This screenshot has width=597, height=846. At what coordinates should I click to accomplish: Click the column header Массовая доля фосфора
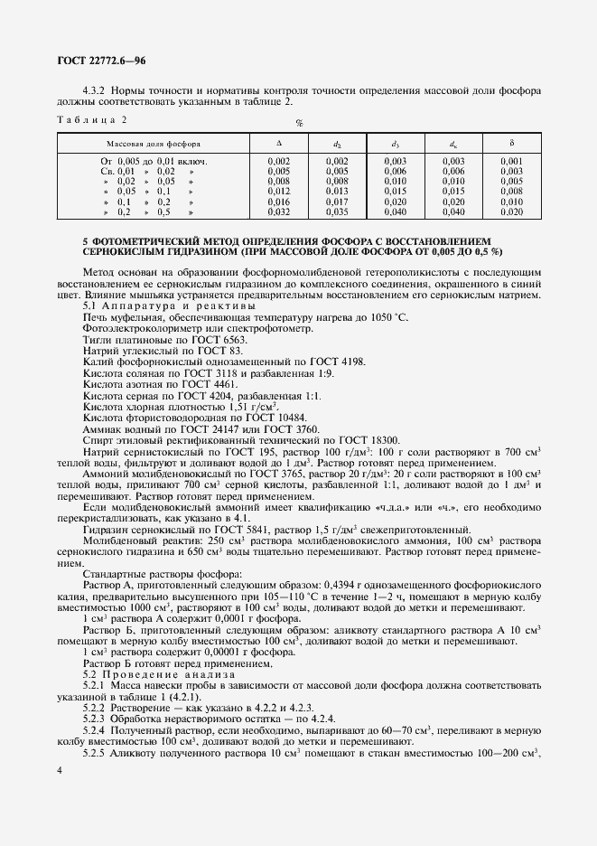click(154, 144)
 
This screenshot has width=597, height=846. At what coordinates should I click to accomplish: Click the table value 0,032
click(278, 211)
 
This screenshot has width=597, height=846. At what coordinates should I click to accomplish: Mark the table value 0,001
click(510, 160)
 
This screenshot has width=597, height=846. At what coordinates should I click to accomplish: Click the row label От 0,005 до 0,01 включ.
click(154, 160)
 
